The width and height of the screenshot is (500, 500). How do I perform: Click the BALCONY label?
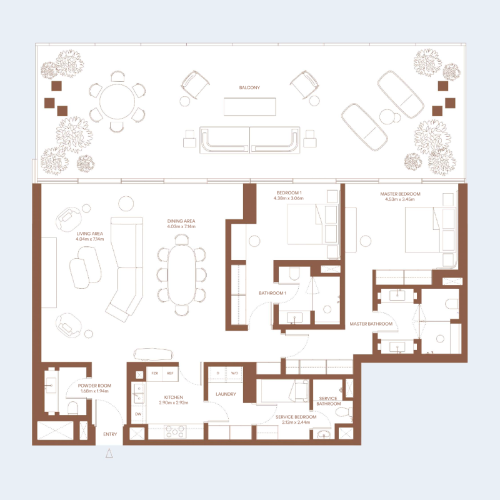point(249,88)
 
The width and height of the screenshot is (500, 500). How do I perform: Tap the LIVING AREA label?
point(89,232)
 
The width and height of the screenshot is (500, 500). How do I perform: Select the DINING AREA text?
point(181,221)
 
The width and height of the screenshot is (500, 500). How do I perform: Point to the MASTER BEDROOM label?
point(400,194)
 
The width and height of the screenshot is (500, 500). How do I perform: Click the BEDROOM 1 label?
point(288,192)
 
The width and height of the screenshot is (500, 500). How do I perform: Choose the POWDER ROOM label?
point(94,386)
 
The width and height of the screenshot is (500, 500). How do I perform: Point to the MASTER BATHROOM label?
point(371,324)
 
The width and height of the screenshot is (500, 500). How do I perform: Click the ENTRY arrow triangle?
point(109,454)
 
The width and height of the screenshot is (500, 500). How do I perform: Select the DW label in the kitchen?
point(137,414)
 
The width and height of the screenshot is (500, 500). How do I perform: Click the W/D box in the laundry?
point(235,373)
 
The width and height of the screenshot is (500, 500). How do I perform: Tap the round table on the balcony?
point(117,101)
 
